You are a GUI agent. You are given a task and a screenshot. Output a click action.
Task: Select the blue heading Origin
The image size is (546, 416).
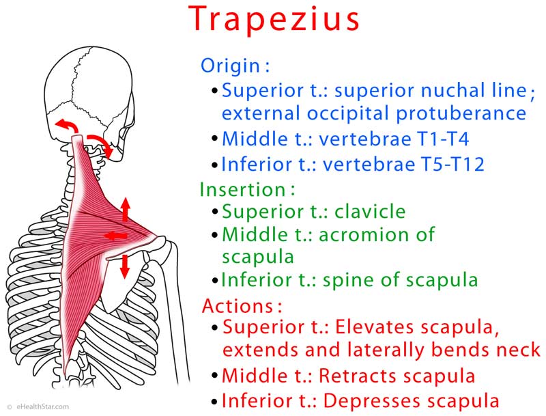(230, 65)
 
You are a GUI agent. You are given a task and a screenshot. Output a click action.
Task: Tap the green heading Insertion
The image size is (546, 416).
(243, 189)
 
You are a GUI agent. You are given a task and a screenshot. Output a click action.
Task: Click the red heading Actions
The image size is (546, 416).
(238, 306)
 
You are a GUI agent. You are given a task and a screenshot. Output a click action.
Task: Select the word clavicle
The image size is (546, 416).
(370, 211)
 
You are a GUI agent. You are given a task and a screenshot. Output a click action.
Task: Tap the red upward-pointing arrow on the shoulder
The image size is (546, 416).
(126, 210)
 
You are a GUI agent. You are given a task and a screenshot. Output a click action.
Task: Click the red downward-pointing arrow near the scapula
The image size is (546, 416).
(124, 266)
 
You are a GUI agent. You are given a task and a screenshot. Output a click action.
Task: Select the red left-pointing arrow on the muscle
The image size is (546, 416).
(115, 236)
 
